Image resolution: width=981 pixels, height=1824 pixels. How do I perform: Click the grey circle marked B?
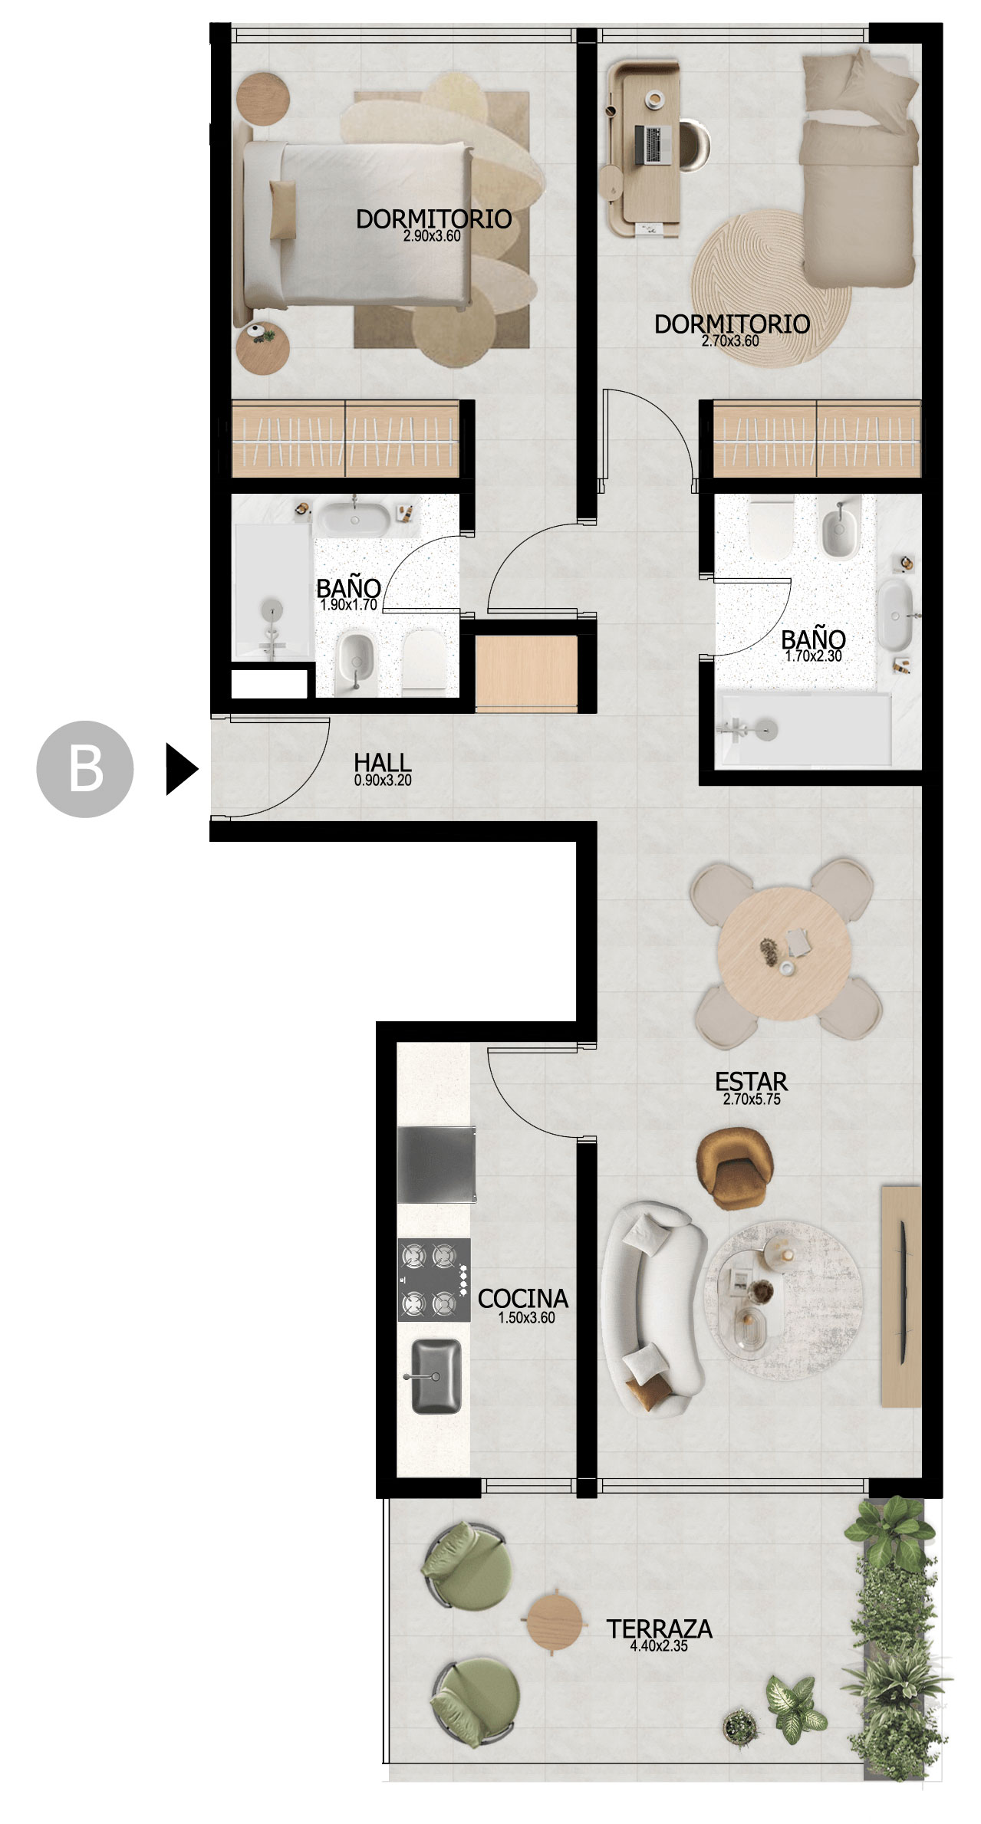point(85,769)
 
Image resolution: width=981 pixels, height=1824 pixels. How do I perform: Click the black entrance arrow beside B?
point(182,769)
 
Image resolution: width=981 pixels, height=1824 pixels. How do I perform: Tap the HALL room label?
point(383,763)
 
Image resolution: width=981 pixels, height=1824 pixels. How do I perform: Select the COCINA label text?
point(523,1298)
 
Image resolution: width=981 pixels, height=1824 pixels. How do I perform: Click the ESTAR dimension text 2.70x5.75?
point(752,1099)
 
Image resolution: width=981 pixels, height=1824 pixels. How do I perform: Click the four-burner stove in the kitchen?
point(434,1280)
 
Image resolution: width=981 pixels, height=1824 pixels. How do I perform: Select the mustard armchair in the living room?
point(735,1168)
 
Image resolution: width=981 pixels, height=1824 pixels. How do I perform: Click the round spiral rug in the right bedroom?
point(770,285)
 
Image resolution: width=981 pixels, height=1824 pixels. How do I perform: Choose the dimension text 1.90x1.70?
point(349,604)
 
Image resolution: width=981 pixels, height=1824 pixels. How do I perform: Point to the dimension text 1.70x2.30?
point(814,656)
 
